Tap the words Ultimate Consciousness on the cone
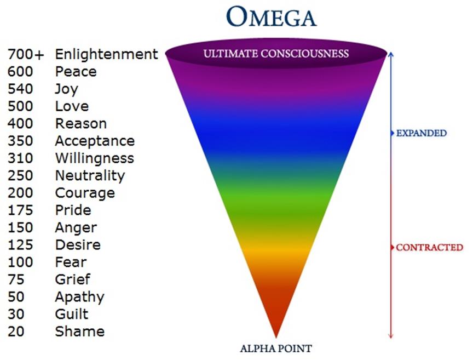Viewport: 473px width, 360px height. click(276, 54)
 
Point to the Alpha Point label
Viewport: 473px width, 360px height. click(276, 348)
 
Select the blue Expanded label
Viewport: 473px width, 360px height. click(421, 133)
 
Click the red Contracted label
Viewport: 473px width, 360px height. click(429, 248)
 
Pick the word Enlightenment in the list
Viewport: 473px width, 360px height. click(106, 54)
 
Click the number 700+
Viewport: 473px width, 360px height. click(25, 54)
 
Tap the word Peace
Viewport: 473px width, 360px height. click(76, 72)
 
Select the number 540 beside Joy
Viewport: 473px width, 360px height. click(20, 89)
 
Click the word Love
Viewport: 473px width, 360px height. click(72, 106)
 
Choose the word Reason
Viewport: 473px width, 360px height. click(80, 124)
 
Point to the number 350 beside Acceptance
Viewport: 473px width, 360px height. click(20, 141)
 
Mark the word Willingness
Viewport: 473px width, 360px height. click(94, 158)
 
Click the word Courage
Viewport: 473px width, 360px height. click(85, 193)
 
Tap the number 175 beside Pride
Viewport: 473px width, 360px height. click(20, 210)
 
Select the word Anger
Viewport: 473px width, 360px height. click(76, 227)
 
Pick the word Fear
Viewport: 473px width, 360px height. click(71, 262)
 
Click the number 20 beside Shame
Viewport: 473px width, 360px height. click(16, 332)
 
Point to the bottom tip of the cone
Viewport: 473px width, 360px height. click(276, 336)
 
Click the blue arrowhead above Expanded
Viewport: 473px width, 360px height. click(390, 54)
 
